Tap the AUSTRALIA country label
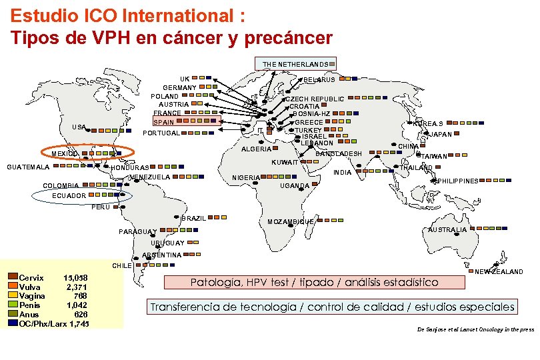coord(447,230)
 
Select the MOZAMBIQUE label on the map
coord(290,221)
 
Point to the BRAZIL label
coord(195,219)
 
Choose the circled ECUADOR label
coord(69,196)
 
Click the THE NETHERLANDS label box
coord(295,64)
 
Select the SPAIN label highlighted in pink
coord(163,123)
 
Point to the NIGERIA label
coord(246,178)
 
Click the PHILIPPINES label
coord(458,181)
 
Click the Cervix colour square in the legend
coord(13,277)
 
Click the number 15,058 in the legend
coord(75,277)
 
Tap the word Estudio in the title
coord(43,15)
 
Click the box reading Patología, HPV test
coord(314,282)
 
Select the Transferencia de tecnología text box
coord(332,307)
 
